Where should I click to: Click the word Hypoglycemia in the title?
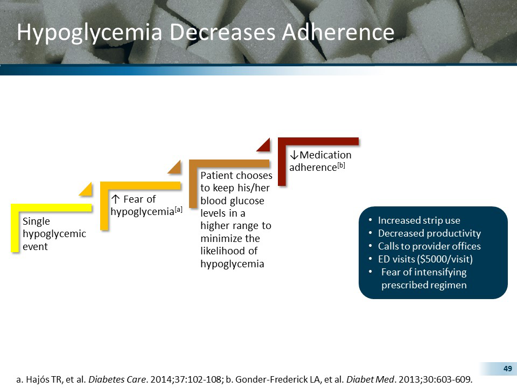pos(89,33)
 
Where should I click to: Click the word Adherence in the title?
pos(338,33)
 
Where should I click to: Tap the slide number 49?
pos(507,369)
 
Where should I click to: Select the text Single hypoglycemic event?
pos(53,234)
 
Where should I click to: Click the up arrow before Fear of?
pos(114,199)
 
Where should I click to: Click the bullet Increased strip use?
pos(418,220)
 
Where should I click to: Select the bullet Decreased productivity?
pos(429,233)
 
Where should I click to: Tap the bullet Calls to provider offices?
pos(429,246)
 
